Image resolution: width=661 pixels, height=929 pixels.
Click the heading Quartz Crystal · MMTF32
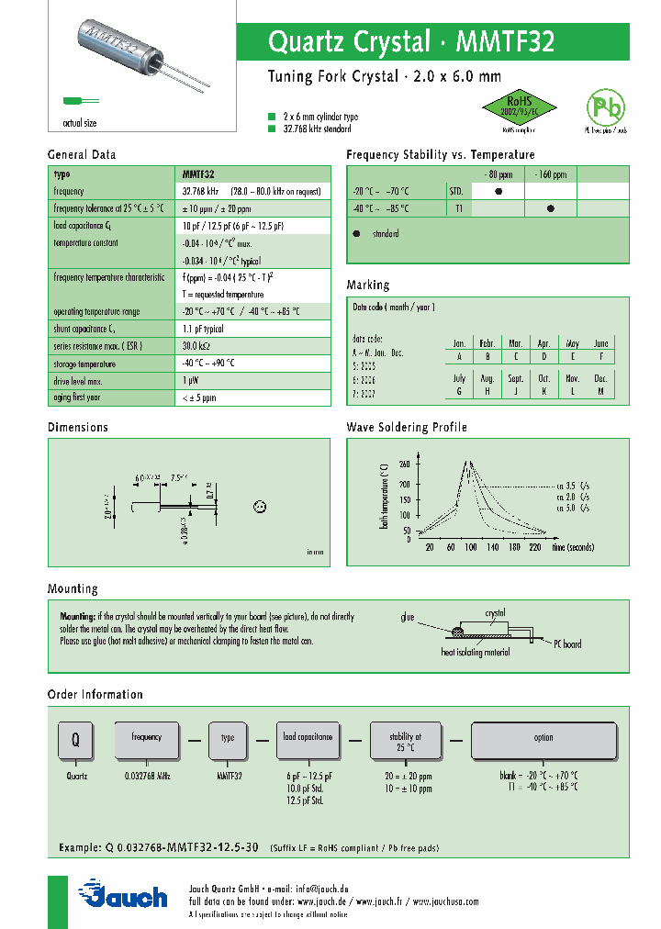pyautogui.click(x=410, y=42)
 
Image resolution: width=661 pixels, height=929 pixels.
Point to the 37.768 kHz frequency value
pyautogui.click(x=201, y=191)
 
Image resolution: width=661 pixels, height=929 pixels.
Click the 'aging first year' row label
pyautogui.click(x=78, y=397)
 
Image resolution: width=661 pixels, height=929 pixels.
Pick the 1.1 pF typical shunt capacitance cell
pyautogui.click(x=203, y=329)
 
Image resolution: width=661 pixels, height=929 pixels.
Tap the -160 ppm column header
pyautogui.click(x=551, y=174)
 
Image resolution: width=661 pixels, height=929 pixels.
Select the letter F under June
pyautogui.click(x=600, y=356)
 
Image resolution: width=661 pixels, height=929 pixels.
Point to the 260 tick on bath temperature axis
pyautogui.click(x=405, y=464)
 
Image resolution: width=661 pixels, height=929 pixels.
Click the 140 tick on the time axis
pyautogui.click(x=492, y=547)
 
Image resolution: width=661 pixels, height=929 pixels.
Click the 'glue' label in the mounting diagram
pyautogui.click(x=408, y=617)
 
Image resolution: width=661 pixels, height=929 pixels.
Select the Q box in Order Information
pyautogui.click(x=76, y=739)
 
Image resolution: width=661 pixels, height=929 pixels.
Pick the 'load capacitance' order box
pyautogui.click(x=307, y=737)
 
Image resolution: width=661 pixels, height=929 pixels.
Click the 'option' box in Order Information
pyautogui.click(x=543, y=738)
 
